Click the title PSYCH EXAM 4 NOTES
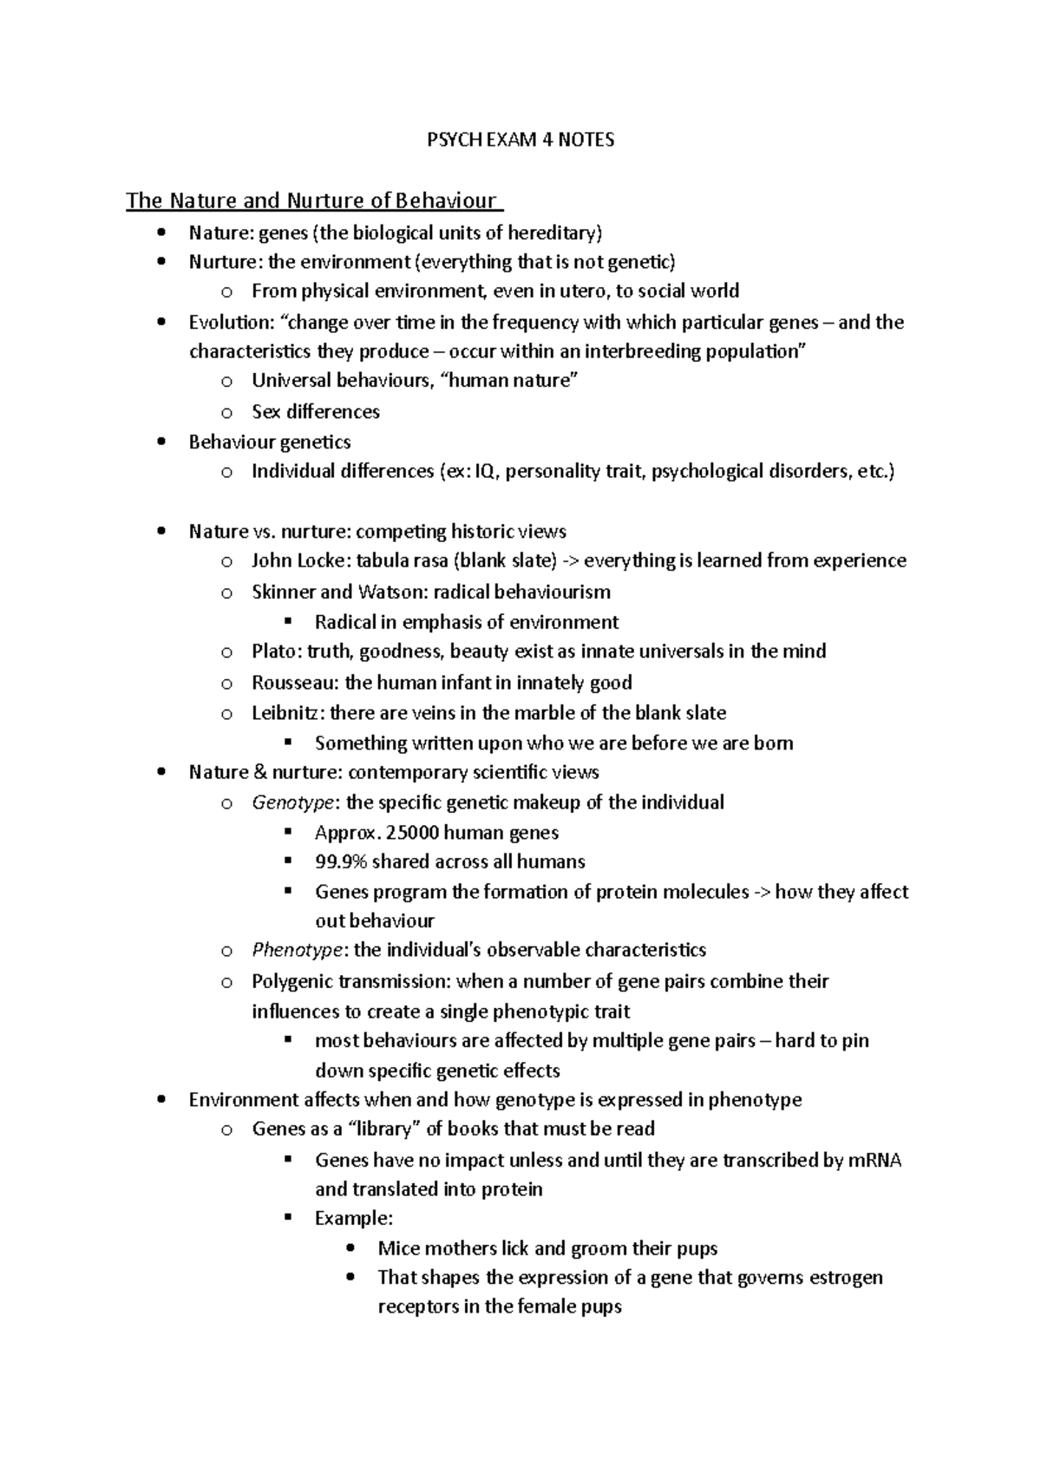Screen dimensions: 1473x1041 click(520, 140)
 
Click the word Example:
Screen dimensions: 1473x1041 click(354, 1219)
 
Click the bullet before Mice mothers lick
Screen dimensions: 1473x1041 click(350, 1249)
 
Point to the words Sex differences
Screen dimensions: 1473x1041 click(316, 412)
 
